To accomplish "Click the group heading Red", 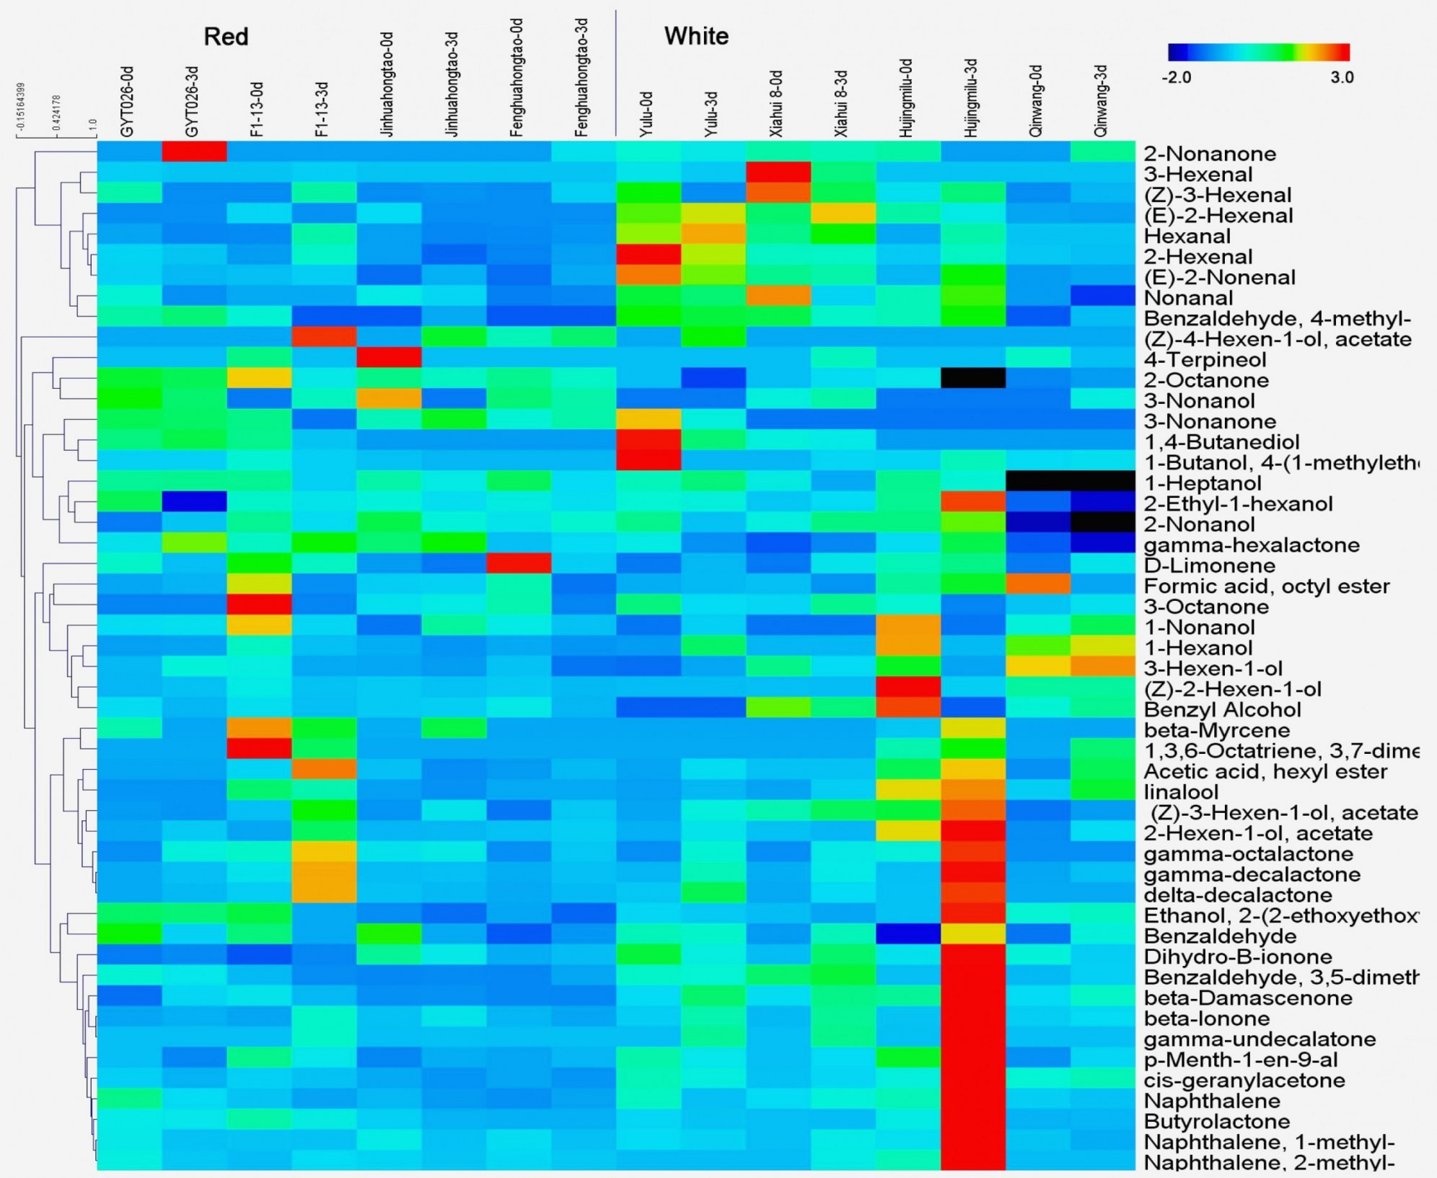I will point(226,37).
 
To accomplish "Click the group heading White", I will point(696,36).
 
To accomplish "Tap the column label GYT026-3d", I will point(193,102).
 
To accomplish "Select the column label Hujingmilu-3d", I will point(972,98).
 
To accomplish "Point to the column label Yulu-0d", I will point(646,114).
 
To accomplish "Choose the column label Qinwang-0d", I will point(1037,101).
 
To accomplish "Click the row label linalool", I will point(1181,792).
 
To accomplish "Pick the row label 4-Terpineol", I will point(1205,360).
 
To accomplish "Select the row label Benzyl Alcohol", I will point(1222,710).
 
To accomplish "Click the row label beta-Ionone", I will point(1206,1019).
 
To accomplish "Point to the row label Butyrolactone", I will point(1217,1122).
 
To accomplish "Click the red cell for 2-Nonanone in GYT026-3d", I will point(194,151).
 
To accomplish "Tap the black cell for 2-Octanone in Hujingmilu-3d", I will point(973,378).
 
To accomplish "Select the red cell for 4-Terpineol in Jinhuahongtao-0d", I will point(389,357).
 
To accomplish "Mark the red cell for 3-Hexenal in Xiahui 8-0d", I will point(778,172).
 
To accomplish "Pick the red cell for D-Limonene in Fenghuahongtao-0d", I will point(519,563).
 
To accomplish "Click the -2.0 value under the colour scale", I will point(1176,77).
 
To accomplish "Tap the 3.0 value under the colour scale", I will point(1342,77).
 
